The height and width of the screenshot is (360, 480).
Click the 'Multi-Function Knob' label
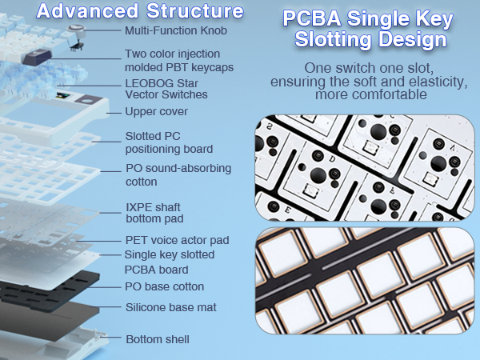click(176, 30)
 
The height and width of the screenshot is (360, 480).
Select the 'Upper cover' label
click(157, 111)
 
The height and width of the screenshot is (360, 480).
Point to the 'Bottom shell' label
click(158, 339)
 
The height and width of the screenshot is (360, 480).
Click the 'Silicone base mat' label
click(171, 307)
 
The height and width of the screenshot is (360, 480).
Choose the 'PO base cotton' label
click(165, 286)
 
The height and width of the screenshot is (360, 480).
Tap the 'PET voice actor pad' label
click(177, 239)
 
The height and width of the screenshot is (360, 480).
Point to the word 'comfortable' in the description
click(378, 94)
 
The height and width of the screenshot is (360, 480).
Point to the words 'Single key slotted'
click(170, 254)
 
